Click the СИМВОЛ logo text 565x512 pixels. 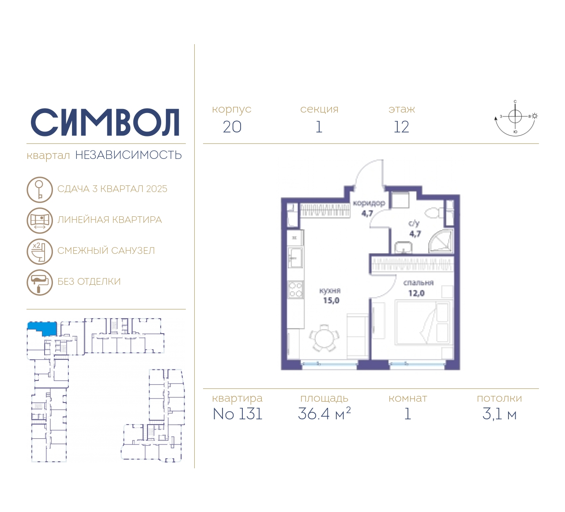pos(105,122)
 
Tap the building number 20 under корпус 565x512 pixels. pos(232,127)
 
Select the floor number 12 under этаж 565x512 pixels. pos(401,127)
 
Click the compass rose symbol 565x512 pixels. pos(516,119)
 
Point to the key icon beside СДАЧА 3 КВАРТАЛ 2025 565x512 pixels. pos(40,189)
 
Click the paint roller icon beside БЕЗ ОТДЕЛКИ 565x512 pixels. pos(40,282)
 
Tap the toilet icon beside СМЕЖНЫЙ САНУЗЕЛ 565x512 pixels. pos(40,252)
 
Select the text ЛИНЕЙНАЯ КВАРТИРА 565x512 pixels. pos(109,220)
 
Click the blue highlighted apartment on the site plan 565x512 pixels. pos(42,329)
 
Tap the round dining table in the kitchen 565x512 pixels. pos(324,338)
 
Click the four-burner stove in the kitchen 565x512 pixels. pos(295,290)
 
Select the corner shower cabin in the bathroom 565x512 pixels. pos(441,241)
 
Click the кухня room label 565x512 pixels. pos(330,290)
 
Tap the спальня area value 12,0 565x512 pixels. pos(416,294)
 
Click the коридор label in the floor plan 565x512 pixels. pos(369,203)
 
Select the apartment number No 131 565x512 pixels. pos(237,414)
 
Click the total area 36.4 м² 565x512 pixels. pos(324,413)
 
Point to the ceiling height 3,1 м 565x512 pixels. pos(499,414)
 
